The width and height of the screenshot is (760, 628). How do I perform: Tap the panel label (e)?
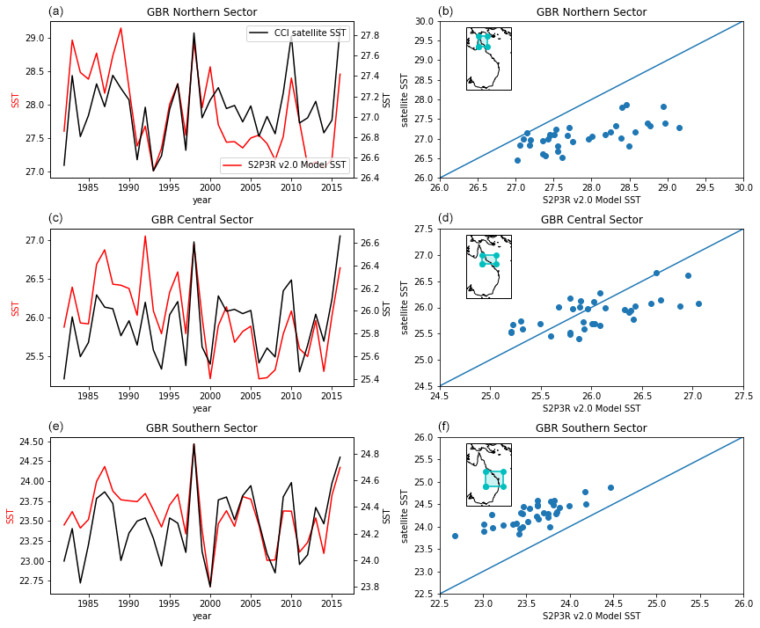pos(55,427)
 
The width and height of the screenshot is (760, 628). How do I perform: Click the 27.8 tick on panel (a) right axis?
pos(369,35)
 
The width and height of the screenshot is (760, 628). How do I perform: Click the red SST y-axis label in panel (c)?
pos(16,308)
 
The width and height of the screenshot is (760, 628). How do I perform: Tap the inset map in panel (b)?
pos(488,58)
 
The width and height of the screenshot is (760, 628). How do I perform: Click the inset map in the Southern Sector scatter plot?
pos(488,474)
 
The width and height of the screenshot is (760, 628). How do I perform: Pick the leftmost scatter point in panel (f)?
pos(455,536)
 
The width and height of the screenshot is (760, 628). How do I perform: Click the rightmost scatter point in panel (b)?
pos(679,128)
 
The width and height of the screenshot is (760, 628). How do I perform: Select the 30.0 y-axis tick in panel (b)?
pos(425,21)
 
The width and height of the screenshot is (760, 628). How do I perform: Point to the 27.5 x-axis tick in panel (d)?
pos(743,397)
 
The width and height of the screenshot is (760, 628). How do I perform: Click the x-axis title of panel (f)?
pos(591,616)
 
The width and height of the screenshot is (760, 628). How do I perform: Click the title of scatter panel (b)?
pos(591,12)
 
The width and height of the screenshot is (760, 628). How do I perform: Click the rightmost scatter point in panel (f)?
pos(610,487)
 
